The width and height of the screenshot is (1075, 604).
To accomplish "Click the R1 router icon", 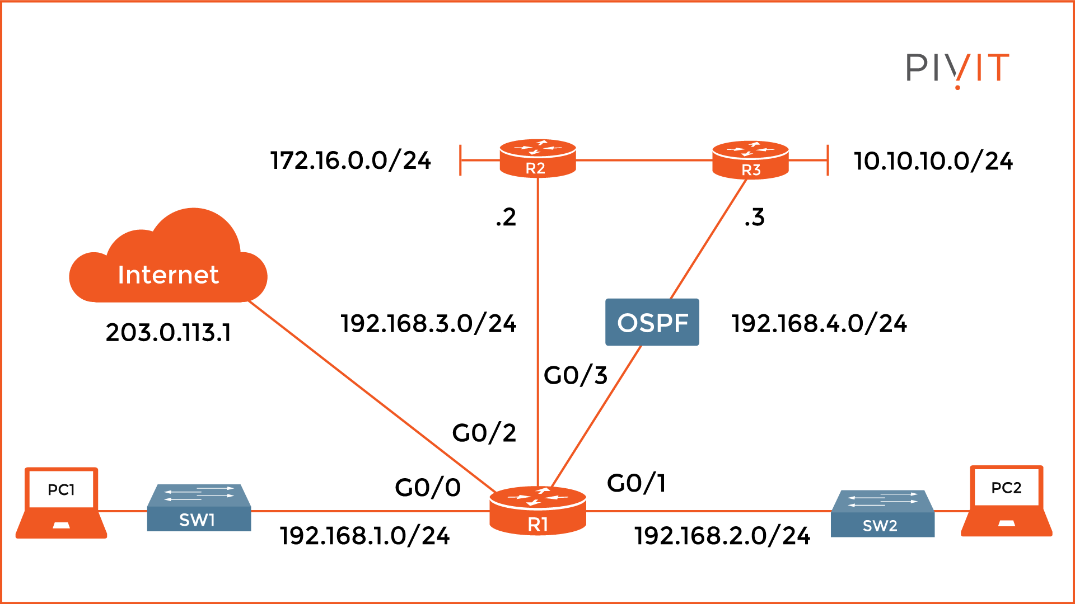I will pyautogui.click(x=537, y=510).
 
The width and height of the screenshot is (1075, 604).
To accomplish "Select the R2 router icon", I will pyautogui.click(x=537, y=159).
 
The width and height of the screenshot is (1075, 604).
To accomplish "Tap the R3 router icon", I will pyautogui.click(x=750, y=161).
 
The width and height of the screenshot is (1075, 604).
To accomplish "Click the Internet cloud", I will pyautogui.click(x=168, y=263).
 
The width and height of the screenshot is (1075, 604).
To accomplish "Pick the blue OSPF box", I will pyautogui.click(x=652, y=322).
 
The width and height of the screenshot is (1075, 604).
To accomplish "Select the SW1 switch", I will pyautogui.click(x=199, y=508).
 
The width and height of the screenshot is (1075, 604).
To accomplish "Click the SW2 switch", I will pyautogui.click(x=882, y=513).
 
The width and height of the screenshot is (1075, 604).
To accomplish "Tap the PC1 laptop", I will pyautogui.click(x=62, y=502).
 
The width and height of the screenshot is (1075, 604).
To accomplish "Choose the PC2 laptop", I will pyautogui.click(x=1006, y=501).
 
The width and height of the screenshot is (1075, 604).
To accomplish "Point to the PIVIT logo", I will pyautogui.click(x=957, y=68).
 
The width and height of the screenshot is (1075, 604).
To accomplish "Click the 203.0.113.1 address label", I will pyautogui.click(x=168, y=333).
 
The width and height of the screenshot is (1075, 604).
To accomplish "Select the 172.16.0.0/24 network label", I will pyautogui.click(x=350, y=161).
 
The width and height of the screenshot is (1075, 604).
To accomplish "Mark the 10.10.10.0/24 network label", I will pyautogui.click(x=933, y=162).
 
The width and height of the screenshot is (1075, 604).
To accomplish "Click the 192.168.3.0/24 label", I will pyautogui.click(x=428, y=324).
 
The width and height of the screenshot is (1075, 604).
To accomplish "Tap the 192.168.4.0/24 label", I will pyautogui.click(x=819, y=324).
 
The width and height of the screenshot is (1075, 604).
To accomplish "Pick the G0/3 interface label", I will pyautogui.click(x=575, y=375).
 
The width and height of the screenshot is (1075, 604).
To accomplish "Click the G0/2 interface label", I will pyautogui.click(x=484, y=433).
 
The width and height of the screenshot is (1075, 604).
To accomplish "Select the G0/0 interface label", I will pyautogui.click(x=428, y=488).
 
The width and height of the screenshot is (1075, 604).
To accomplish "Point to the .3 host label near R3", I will pyautogui.click(x=754, y=217).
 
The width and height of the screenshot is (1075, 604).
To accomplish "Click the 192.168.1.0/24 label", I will pyautogui.click(x=364, y=536).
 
